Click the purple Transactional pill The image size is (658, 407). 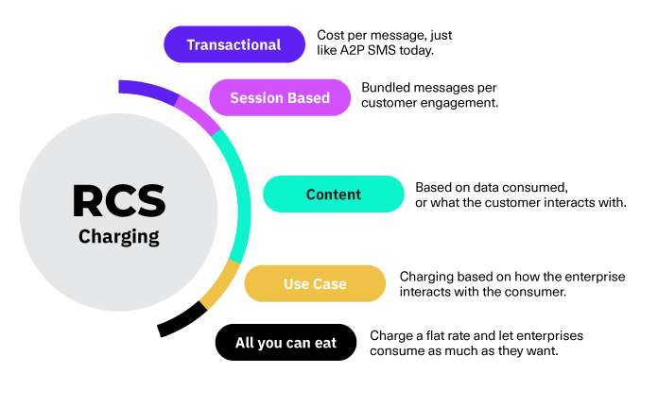pos(234,44)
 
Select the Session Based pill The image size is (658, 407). pos(280,97)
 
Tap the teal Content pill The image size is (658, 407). pos(333,195)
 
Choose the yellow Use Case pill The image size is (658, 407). pos(315,284)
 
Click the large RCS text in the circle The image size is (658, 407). pos(119,199)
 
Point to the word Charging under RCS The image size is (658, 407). pos(119,236)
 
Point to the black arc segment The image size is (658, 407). pos(182,319)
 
